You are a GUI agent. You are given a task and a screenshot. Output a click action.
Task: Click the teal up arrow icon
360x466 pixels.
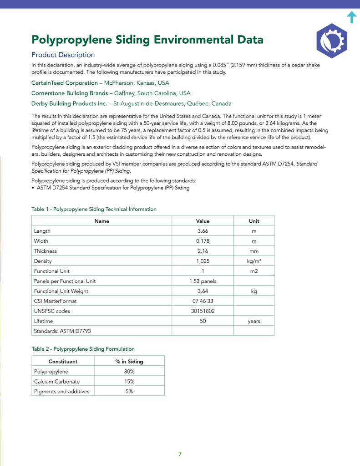tap(351, 17)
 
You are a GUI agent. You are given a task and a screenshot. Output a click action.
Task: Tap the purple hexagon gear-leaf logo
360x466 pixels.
tap(331, 41)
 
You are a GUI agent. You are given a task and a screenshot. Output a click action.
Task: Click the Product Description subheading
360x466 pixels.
tap(63, 55)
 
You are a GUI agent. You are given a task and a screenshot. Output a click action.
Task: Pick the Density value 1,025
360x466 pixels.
tap(203, 261)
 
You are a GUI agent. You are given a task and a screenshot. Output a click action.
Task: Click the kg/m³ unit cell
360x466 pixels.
tap(254, 261)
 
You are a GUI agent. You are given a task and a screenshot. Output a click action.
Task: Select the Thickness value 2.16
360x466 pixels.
tap(203, 251)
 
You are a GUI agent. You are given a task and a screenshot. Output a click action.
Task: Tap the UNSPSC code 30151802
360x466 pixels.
tap(203, 311)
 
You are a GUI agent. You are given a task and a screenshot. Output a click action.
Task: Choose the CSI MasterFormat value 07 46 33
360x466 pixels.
tap(203, 301)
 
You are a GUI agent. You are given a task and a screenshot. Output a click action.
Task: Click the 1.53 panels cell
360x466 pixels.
tap(203, 281)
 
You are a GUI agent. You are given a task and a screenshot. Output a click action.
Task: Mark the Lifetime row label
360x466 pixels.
tap(43, 321)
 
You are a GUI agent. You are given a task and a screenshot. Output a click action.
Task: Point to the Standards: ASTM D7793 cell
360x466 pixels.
tap(59, 331)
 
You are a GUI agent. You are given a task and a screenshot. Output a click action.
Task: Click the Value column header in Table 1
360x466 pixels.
tap(203, 221)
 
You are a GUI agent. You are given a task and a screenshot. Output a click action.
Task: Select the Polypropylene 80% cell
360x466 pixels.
tap(129, 371)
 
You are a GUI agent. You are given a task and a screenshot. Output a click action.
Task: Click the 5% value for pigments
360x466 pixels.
tap(129, 391)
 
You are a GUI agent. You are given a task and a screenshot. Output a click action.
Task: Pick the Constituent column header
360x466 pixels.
tap(63, 361)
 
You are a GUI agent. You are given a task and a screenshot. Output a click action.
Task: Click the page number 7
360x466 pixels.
tap(180, 454)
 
